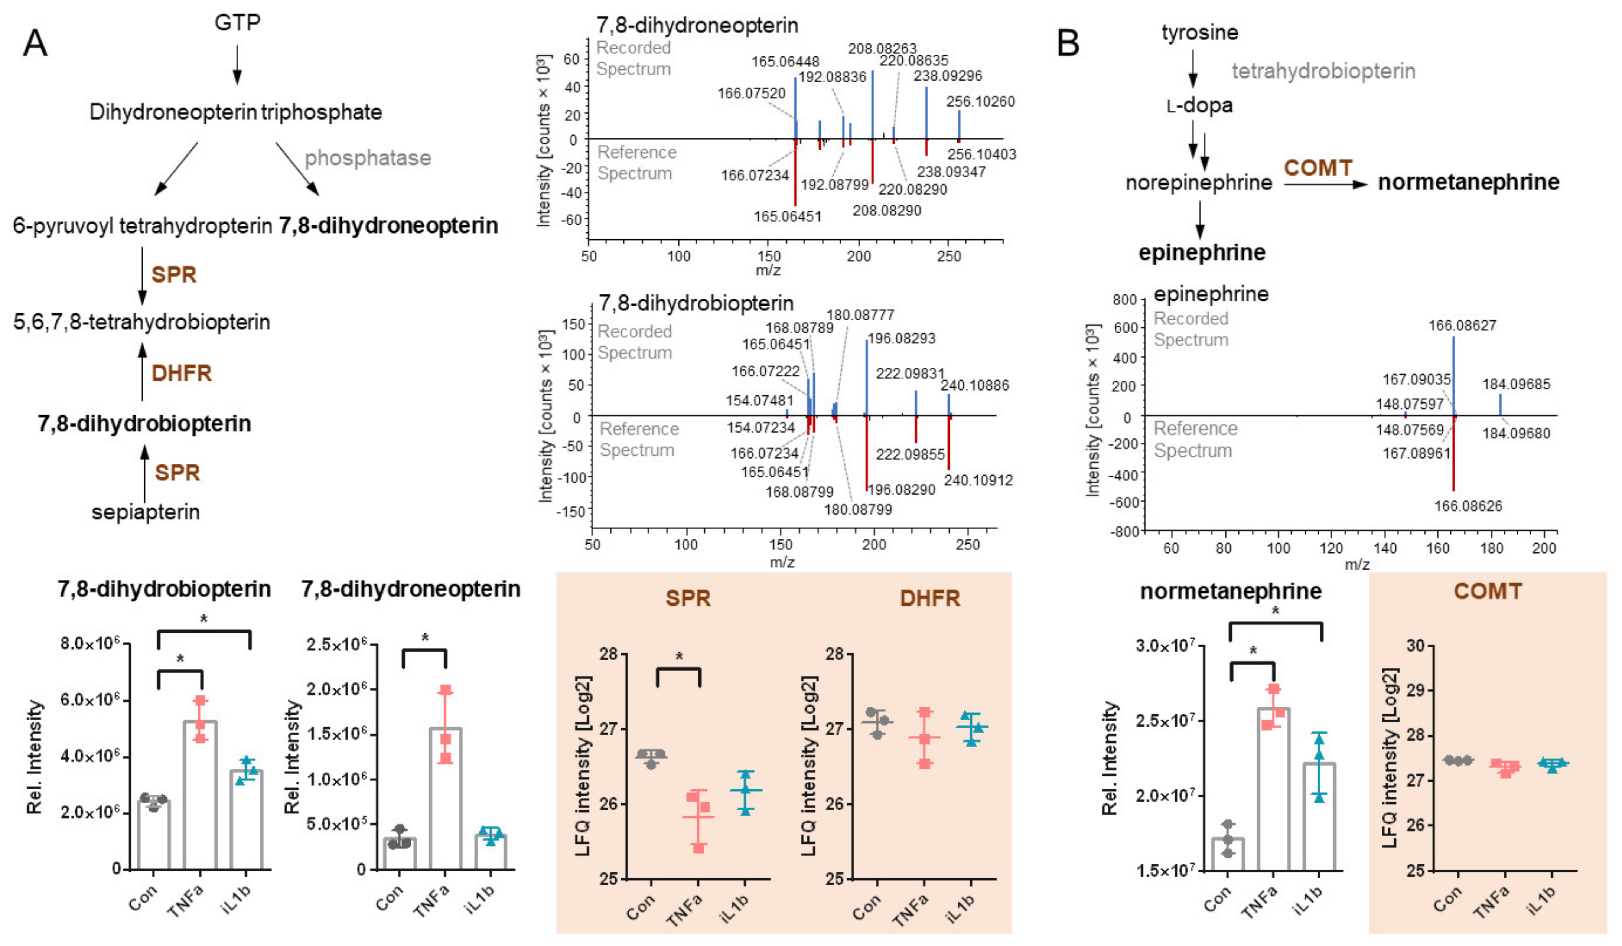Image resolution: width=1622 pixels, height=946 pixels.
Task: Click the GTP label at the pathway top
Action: tap(237, 23)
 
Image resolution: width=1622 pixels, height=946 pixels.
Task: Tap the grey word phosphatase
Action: tap(368, 158)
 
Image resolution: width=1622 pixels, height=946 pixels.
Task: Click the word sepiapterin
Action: tap(146, 512)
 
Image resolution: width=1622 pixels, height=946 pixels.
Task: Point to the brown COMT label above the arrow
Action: tap(1318, 168)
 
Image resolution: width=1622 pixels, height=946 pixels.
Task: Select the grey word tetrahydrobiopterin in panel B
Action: tap(1323, 71)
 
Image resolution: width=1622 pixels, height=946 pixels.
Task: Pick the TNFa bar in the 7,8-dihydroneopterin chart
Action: tap(445, 798)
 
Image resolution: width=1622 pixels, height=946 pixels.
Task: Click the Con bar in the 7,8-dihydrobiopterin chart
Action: tap(154, 835)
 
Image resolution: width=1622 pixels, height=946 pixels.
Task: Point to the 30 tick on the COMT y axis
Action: tap(1415, 646)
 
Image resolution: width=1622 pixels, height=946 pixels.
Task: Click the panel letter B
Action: tap(1068, 43)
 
